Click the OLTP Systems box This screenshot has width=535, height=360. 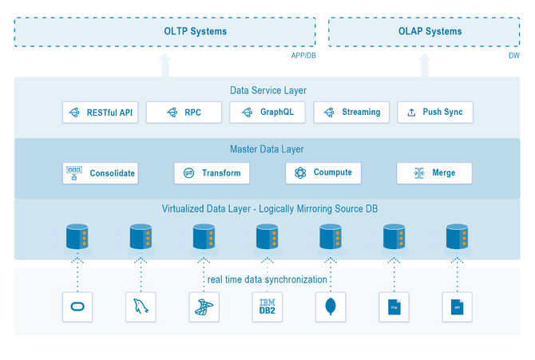pyautogui.click(x=165, y=31)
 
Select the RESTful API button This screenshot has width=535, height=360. pyautogui.click(x=100, y=113)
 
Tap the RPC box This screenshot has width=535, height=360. pyautogui.click(x=184, y=113)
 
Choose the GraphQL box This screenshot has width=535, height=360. pyautogui.click(x=267, y=113)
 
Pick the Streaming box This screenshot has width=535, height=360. pyautogui.click(x=351, y=113)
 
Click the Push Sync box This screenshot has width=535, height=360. pyautogui.click(x=435, y=113)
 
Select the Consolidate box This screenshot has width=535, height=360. pyautogui.click(x=100, y=173)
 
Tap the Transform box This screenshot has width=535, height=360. pyautogui.click(x=212, y=173)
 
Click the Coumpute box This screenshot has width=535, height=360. pyautogui.click(x=323, y=173)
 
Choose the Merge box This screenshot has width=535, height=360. pyautogui.click(x=434, y=173)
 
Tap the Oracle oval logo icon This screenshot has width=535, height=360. pyautogui.click(x=77, y=307)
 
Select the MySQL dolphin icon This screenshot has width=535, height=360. pyautogui.click(x=141, y=307)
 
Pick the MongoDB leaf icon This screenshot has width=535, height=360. pyautogui.click(x=331, y=307)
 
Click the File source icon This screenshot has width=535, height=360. pyautogui.click(x=394, y=307)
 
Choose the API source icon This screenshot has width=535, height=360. pyautogui.click(x=457, y=307)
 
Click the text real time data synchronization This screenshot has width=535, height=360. pyautogui.click(x=267, y=279)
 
